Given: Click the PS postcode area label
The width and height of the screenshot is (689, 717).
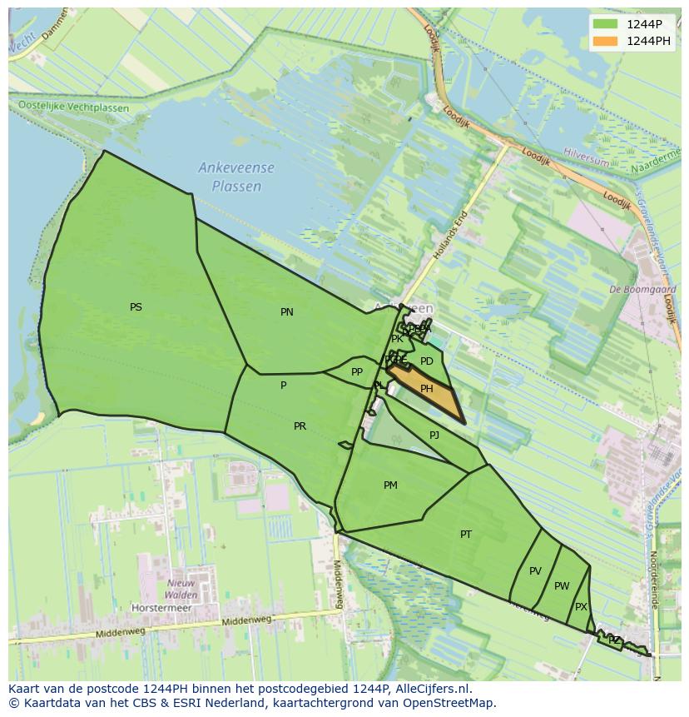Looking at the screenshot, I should [136, 307].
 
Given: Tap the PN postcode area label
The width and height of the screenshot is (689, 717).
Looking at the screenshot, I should [286, 312].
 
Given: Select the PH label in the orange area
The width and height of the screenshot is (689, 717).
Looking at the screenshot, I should [426, 389].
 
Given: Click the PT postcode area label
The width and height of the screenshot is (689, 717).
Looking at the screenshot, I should [466, 535].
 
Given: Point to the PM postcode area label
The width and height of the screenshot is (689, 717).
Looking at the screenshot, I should [390, 485].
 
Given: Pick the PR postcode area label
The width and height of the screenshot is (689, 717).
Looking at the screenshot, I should [300, 426].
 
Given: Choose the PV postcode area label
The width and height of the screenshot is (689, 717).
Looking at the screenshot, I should [535, 571].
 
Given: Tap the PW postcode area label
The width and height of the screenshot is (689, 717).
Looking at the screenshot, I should [562, 586].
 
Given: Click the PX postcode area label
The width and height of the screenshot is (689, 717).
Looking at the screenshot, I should [581, 607].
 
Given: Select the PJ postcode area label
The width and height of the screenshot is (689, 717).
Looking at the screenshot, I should [434, 436].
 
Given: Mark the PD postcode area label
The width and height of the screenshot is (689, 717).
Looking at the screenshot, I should [426, 361].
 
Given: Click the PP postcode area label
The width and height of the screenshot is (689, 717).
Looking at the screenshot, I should [357, 372].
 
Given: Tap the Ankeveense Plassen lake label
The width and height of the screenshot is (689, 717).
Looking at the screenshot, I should [236, 177].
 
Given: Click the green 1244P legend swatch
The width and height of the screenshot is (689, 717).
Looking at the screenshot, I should [605, 24].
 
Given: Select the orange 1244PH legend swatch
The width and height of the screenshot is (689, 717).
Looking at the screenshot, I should [605, 41].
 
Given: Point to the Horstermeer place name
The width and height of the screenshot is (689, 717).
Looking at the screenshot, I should [161, 608].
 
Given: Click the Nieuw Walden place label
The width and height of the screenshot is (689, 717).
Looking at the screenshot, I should [181, 589].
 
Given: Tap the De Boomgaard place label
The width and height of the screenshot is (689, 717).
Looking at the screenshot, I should [642, 290].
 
